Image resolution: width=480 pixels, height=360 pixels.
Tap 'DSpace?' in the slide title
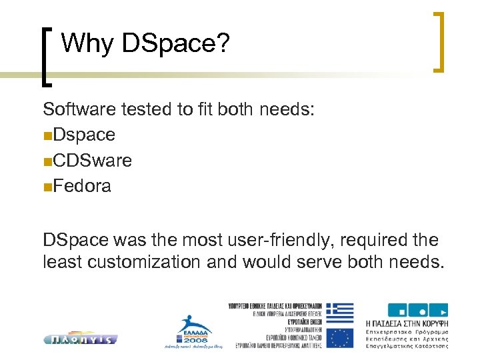pyautogui.click(x=175, y=44)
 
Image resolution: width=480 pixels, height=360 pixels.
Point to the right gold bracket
pyautogui.click(x=439, y=41)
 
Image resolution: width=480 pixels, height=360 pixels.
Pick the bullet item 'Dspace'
pyautogui.click(x=84, y=135)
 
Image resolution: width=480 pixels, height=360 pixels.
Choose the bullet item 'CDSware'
pyautogui.click(x=93, y=161)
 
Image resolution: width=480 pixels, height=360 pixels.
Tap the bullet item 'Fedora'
pyautogui.click(x=82, y=186)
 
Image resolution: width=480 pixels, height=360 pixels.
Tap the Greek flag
pyautogui.click(x=340, y=313)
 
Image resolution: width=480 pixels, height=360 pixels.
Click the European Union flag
pyautogui.click(x=340, y=337)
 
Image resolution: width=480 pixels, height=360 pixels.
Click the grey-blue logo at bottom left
pyautogui.click(x=81, y=339)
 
